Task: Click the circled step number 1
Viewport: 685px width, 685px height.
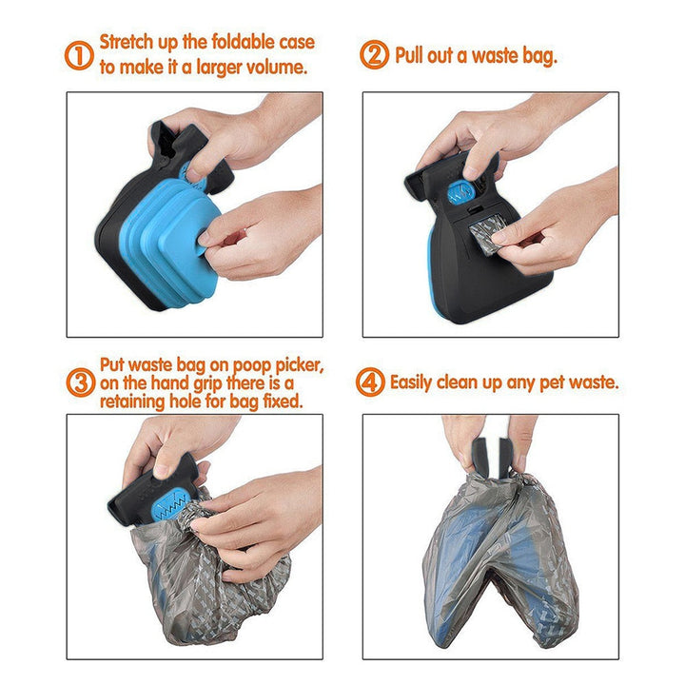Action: point(80,56)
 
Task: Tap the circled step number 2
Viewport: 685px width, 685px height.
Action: point(374,56)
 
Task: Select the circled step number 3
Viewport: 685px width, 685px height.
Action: point(80,383)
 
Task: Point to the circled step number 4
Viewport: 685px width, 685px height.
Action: point(370,383)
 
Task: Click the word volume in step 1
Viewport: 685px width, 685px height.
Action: point(283,68)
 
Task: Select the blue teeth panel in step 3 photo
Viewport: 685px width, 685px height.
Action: point(172,499)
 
